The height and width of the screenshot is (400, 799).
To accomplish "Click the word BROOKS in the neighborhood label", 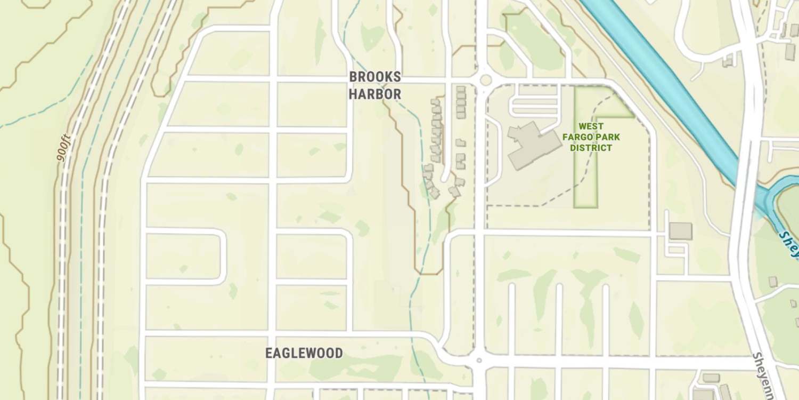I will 374,77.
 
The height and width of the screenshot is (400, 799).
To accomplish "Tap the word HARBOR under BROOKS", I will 374,95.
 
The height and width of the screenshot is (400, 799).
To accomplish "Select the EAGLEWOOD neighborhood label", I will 304,353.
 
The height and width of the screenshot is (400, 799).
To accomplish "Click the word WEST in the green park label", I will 591,126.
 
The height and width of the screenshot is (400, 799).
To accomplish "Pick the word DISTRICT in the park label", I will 591,148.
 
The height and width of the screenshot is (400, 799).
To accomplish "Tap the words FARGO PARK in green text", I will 591,137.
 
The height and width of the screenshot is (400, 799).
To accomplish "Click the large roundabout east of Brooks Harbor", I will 485,80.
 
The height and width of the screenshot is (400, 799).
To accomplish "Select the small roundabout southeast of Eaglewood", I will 479,361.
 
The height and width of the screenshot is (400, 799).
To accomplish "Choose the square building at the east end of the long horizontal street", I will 680,231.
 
